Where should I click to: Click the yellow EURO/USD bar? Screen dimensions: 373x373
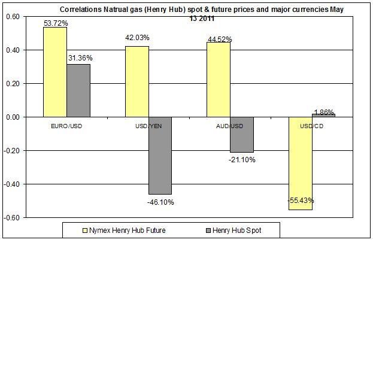point(54,72)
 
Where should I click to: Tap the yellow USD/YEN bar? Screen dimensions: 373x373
point(137,81)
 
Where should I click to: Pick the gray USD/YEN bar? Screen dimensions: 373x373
point(160,155)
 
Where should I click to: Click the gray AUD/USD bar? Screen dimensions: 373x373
point(241,135)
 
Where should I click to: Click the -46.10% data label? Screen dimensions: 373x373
point(160,202)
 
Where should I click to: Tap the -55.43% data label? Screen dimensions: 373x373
point(300,201)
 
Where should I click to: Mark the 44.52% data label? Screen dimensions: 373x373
point(219,40)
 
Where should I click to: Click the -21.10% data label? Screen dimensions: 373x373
point(242,160)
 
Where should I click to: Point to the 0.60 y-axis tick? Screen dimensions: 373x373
point(12,16)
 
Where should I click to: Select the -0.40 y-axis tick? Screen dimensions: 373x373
point(11,184)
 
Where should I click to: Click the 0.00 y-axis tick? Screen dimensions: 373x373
point(12,117)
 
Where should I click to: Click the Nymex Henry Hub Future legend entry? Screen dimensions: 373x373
point(122,231)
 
